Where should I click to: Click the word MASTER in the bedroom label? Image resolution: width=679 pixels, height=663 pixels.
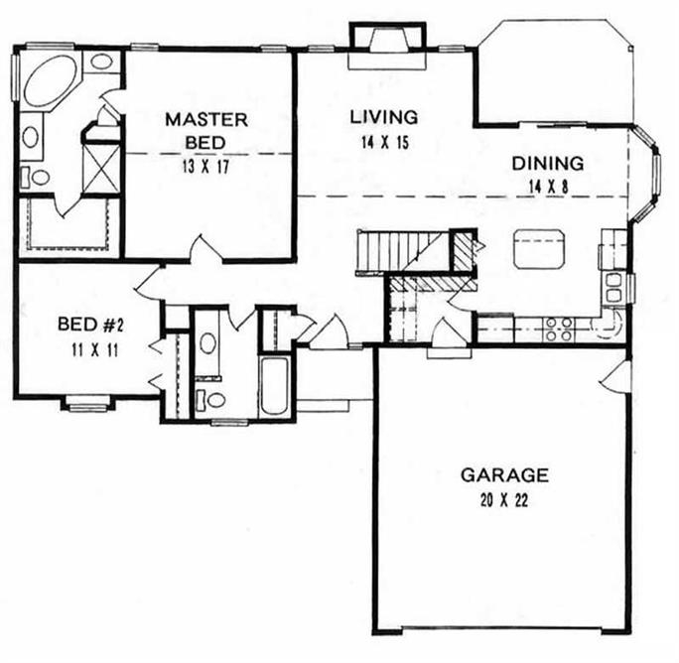pos(206,119)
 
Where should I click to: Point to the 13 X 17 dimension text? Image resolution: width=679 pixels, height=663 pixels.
pos(206,166)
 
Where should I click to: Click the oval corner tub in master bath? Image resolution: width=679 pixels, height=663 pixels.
pos(50,80)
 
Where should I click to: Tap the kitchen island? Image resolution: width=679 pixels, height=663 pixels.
pos(538,248)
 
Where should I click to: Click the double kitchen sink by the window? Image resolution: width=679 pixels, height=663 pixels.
pos(613,287)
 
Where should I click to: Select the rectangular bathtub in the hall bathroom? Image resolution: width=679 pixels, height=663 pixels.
pos(273,388)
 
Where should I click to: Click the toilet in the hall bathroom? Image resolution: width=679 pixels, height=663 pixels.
pos(210,399)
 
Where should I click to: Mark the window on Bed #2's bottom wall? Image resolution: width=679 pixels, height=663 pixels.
pos(87,402)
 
